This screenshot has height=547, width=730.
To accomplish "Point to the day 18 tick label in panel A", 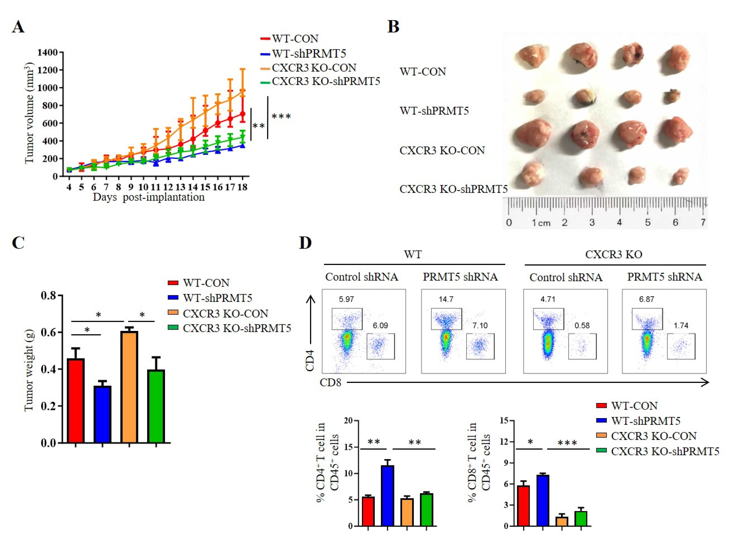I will pyautogui.click(x=242, y=187).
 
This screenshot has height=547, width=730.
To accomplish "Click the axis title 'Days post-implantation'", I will pyautogui.click(x=149, y=197).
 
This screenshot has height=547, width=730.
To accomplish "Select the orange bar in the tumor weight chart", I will pyautogui.click(x=129, y=387).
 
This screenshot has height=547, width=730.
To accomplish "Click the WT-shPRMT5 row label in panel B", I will pyautogui.click(x=434, y=111).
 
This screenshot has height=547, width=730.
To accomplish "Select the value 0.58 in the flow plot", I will pyautogui.click(x=582, y=326).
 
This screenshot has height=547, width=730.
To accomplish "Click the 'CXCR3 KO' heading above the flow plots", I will pyautogui.click(x=614, y=254).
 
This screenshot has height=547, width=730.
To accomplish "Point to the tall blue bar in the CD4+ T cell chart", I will pyautogui.click(x=388, y=495).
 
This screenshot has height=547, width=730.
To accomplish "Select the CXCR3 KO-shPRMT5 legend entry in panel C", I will pyautogui.click(x=237, y=328).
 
